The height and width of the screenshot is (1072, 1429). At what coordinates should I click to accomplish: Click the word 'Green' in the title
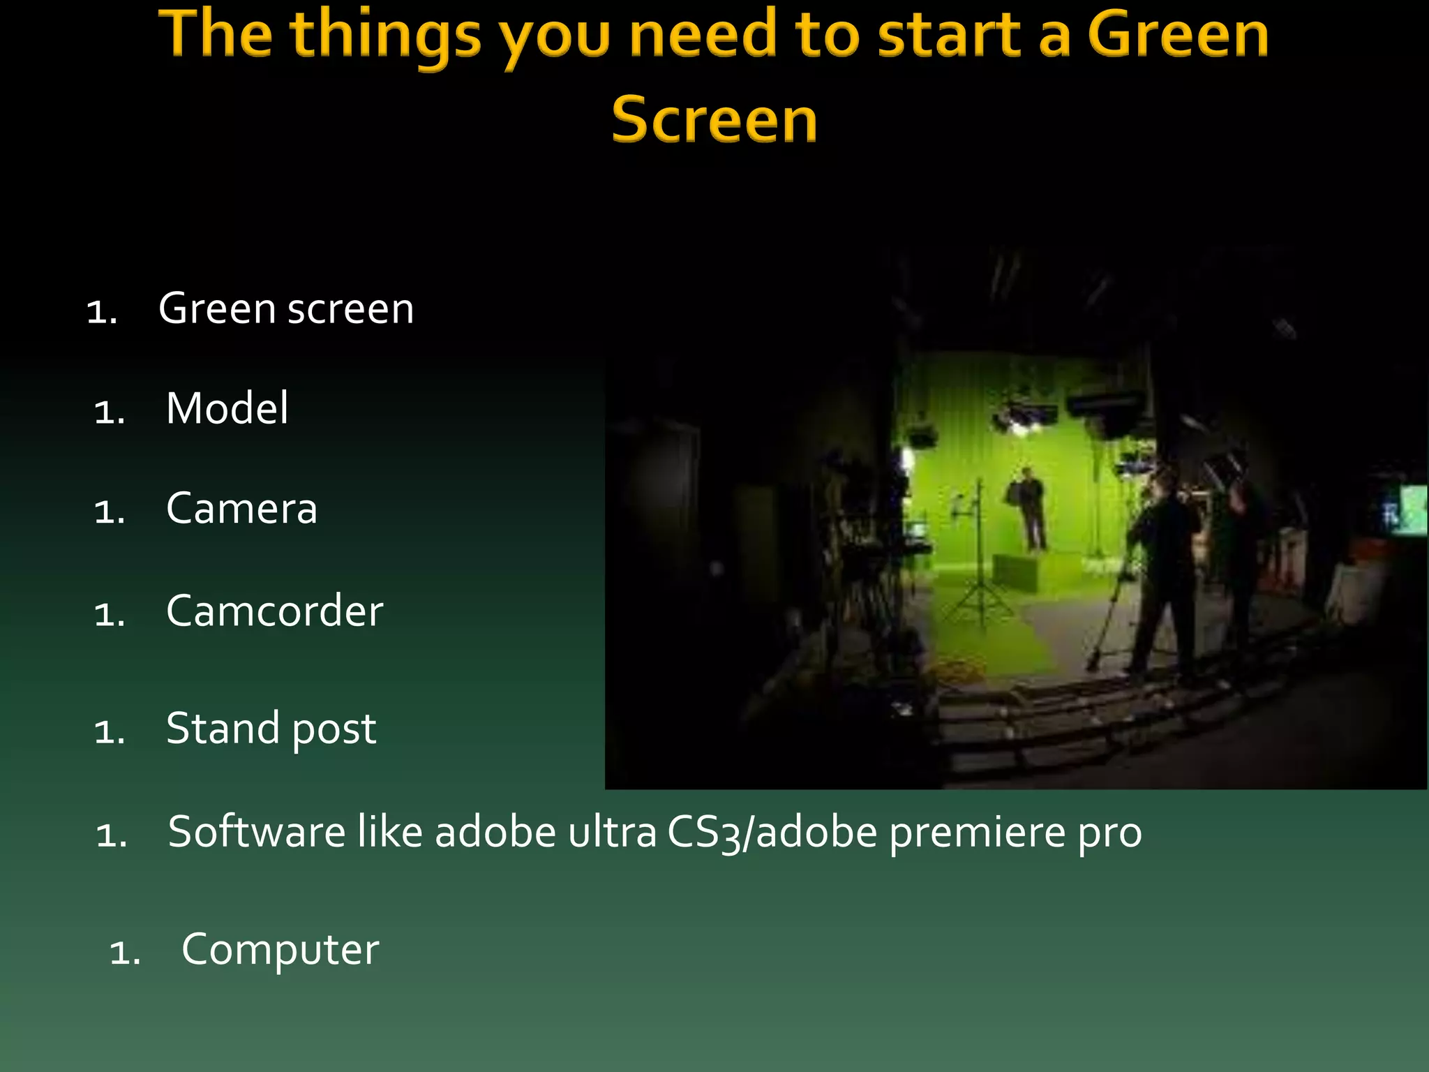(1178, 35)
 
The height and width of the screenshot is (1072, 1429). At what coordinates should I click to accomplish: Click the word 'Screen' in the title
(714, 120)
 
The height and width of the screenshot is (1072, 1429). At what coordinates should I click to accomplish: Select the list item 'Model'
(227, 408)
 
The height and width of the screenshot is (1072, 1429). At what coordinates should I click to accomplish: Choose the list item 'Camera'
(241, 508)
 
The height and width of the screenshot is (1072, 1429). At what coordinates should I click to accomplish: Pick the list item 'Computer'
(280, 949)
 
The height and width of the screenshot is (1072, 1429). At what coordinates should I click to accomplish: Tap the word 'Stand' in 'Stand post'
(223, 729)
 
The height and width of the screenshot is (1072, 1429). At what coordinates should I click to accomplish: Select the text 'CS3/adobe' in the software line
(771, 833)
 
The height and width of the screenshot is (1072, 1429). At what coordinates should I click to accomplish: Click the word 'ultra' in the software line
(612, 832)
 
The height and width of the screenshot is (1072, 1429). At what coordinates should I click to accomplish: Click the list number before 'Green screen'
(102, 311)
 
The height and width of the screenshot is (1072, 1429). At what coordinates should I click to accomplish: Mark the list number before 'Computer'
(125, 952)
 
